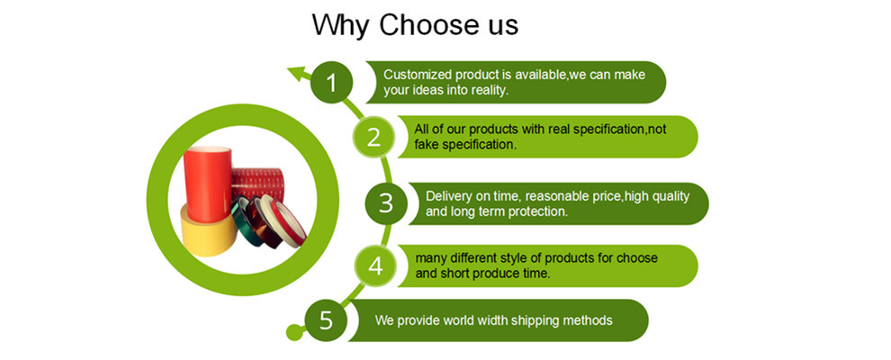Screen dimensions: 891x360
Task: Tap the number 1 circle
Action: coord(332,82)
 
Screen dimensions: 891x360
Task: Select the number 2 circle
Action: coord(373,137)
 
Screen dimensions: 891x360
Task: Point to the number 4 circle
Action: coord(375,265)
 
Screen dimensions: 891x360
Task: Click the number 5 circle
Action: coord(326,320)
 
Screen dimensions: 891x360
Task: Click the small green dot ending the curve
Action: coord(294,332)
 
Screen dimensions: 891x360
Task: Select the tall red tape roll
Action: coord(207,184)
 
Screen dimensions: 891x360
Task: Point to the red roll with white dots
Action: coord(257,185)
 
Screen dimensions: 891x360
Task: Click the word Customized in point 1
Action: coord(412,75)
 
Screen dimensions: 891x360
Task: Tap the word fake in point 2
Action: coord(427,144)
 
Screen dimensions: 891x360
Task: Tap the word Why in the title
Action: coord(340,25)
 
